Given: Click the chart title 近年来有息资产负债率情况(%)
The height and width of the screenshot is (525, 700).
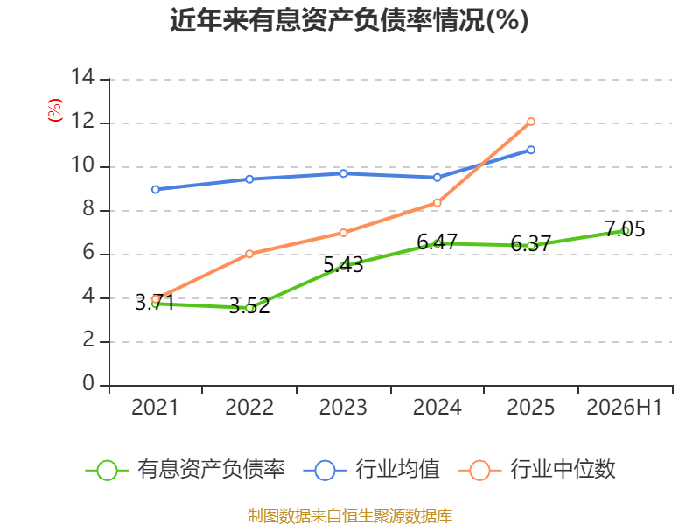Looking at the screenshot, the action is (349, 20).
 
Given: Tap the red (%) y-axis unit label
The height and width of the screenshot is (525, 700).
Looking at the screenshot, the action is (55, 110).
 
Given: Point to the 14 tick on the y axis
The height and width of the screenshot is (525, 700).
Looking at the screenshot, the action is (83, 77).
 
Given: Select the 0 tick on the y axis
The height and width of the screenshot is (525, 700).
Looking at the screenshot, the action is (88, 383).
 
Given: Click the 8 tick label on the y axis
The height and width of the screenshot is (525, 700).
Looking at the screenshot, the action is (88, 208).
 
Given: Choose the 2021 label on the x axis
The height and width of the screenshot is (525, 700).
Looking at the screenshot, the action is (155, 407).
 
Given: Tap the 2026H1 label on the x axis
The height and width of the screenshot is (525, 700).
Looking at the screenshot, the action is (624, 407).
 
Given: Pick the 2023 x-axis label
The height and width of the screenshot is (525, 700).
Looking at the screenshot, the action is (343, 407).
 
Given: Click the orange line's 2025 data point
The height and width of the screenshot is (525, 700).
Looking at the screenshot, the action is (531, 122).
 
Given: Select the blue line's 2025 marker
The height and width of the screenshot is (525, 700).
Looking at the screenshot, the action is (531, 150).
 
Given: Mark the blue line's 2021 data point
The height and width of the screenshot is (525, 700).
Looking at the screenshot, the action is (156, 189).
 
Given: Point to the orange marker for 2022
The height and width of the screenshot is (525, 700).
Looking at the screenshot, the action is (249, 254).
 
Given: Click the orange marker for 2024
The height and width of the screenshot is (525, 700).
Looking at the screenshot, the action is (437, 203).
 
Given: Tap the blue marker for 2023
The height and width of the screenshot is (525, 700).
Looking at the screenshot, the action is (343, 173).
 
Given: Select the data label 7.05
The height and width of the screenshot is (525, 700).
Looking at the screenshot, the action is (625, 229).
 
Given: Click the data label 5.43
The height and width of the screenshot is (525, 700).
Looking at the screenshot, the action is (343, 265).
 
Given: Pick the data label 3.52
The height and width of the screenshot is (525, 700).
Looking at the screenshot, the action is (249, 305).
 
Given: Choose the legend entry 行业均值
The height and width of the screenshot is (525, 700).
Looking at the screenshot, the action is (371, 470).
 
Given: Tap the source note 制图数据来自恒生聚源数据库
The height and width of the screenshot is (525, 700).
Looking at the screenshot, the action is (349, 515).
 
